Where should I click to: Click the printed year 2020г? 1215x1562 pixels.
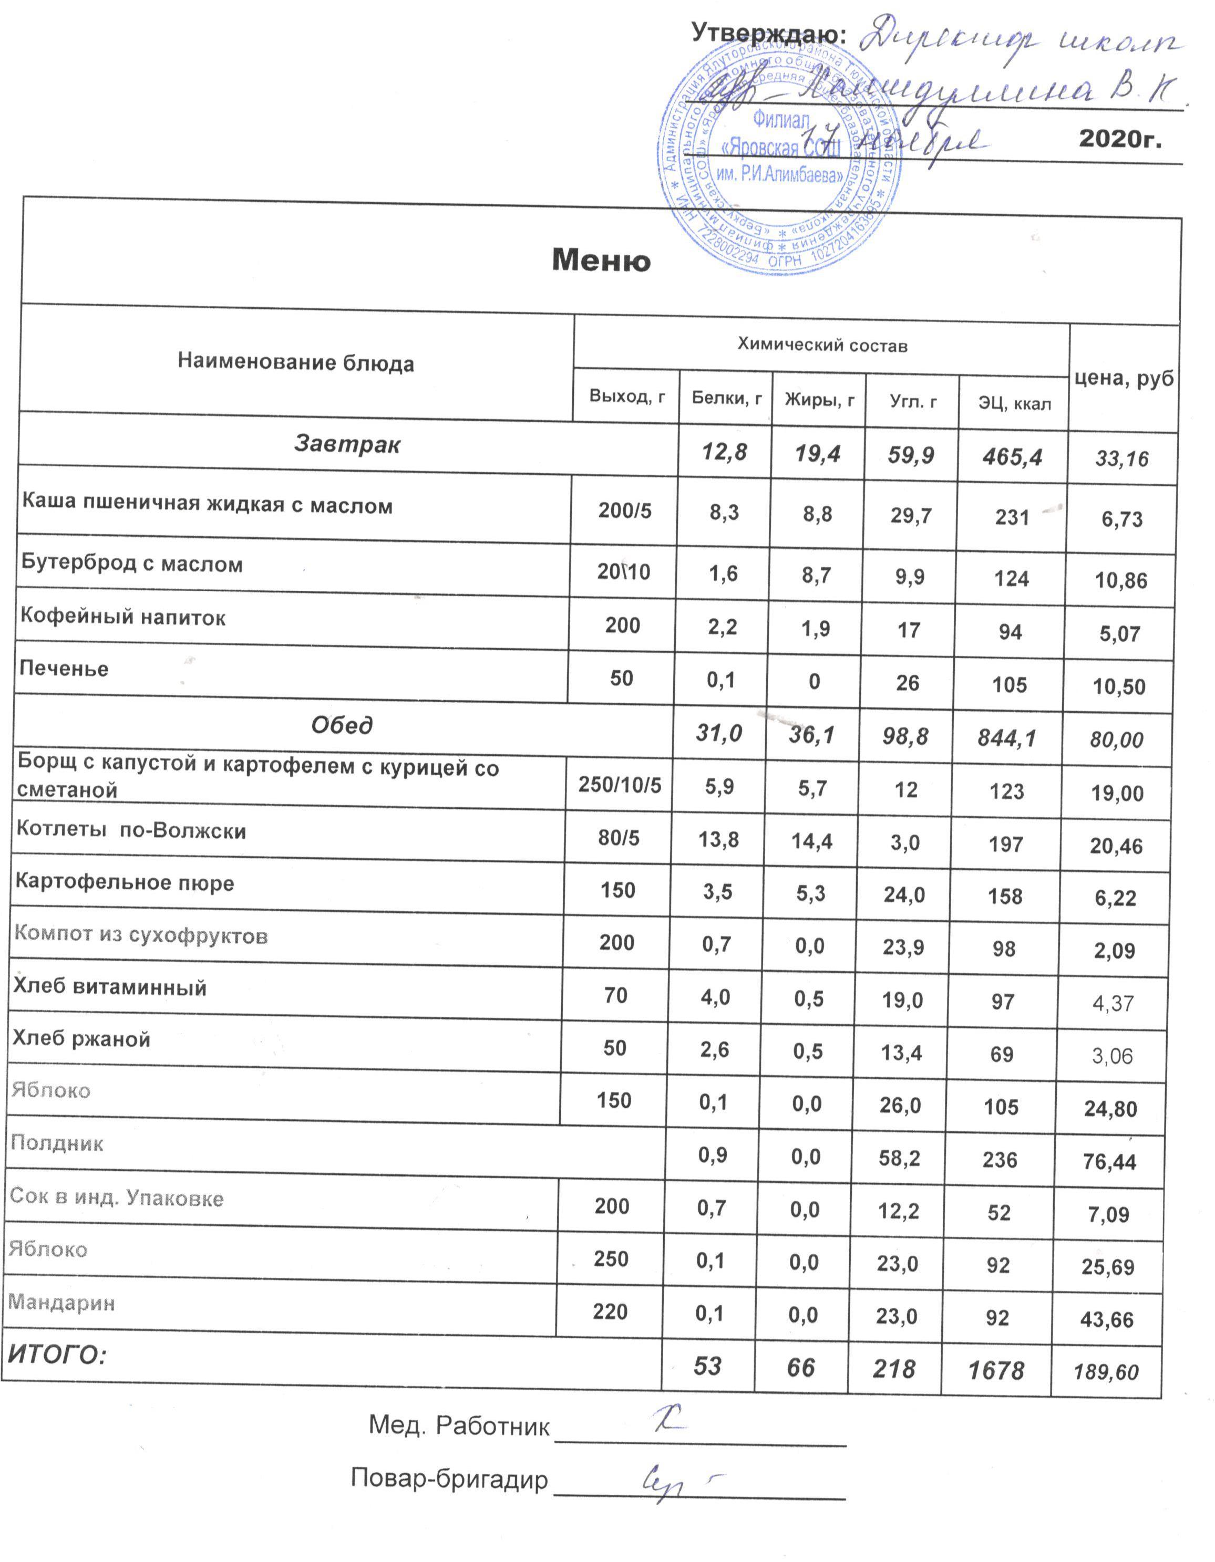point(1119,138)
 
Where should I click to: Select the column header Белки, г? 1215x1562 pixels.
point(726,398)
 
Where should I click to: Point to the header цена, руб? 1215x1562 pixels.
point(1124,378)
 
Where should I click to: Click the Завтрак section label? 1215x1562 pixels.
point(347,444)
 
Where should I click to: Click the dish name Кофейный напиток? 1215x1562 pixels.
point(122,617)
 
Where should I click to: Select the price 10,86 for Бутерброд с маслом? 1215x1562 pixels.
point(1120,580)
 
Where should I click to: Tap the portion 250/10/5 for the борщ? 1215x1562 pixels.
point(620,785)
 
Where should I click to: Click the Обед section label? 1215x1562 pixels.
point(342,725)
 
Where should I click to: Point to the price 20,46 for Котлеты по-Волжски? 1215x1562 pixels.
point(1116,846)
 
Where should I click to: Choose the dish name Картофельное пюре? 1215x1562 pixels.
point(125,882)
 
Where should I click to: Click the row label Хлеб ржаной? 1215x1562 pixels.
point(81,1038)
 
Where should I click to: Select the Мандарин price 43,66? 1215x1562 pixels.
point(1107,1319)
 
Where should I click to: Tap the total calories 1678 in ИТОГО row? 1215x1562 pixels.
point(995,1370)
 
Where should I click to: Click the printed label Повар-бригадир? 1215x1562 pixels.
point(449,1478)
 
